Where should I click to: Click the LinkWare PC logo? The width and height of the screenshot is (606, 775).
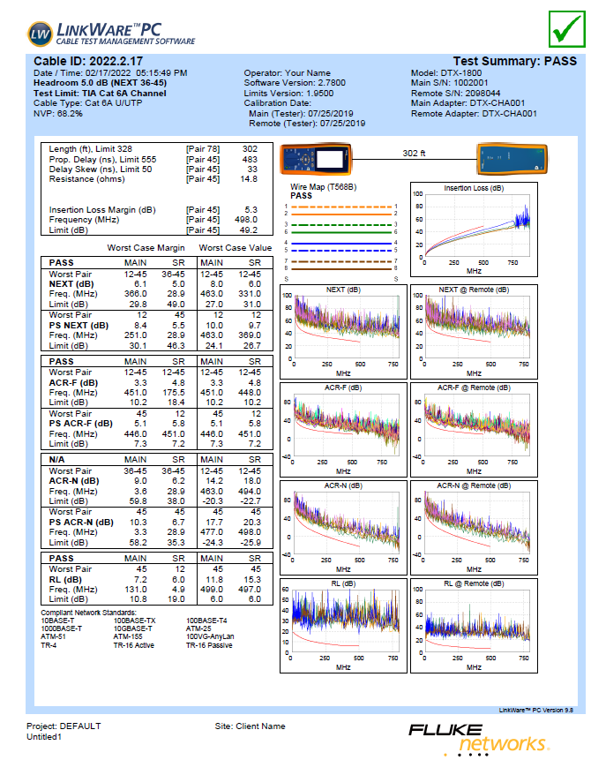[x=111, y=34]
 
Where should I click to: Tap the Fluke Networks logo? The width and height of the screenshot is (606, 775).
[x=476, y=738]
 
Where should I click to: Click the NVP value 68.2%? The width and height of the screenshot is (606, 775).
[x=70, y=114]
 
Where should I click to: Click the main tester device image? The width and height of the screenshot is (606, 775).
[x=323, y=160]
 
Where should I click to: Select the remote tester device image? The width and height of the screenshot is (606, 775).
[x=509, y=161]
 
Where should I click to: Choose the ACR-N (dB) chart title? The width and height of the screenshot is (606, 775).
[x=341, y=485]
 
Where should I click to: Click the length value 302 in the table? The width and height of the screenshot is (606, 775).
[x=250, y=149]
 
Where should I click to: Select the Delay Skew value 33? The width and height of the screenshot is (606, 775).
[x=252, y=169]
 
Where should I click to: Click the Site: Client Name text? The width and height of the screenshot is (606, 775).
[x=251, y=726]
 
